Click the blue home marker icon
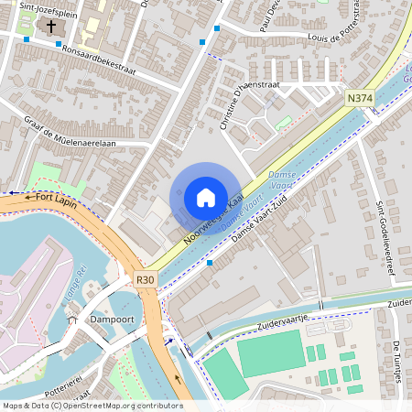tap(206, 198)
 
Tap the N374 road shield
tap(358, 97)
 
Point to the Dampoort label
tap(114, 320)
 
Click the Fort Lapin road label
tap(51, 196)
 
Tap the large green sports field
tap(269, 353)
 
